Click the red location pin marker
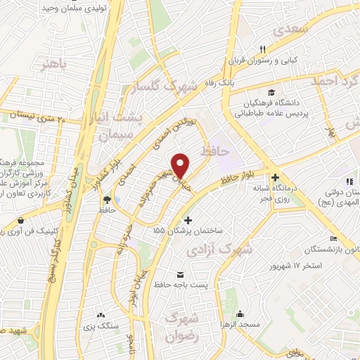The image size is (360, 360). pos(181,165)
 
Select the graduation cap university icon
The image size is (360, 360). pos(271,92)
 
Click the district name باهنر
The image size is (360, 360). pos(57,66)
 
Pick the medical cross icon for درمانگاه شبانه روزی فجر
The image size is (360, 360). pos(275,178)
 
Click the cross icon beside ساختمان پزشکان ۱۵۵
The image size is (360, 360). pos(188,220)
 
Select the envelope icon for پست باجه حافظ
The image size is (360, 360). pos(180,274)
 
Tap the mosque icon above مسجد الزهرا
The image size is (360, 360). pos(240,314)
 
